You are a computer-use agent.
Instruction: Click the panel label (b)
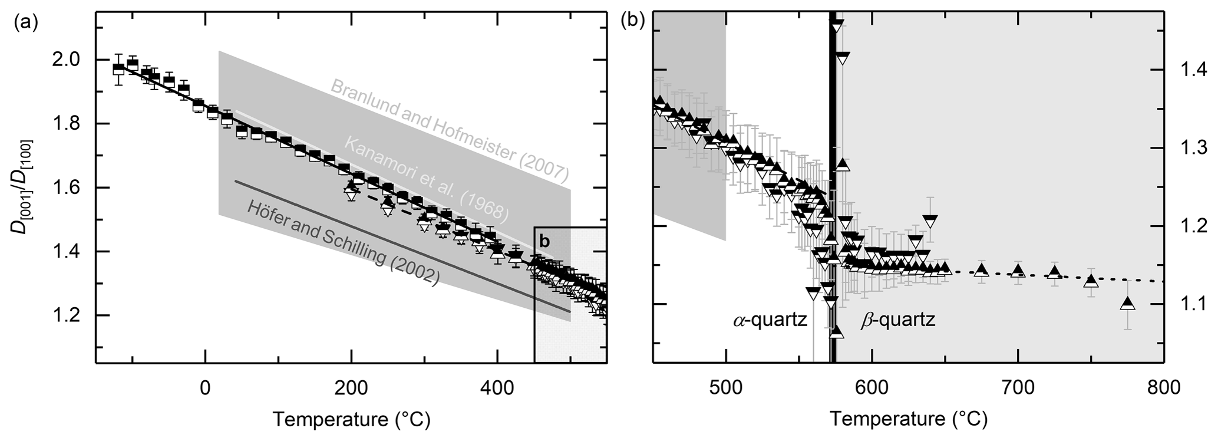click(633, 23)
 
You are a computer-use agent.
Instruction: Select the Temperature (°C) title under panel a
click(351, 419)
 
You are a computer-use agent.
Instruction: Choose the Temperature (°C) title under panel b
click(909, 419)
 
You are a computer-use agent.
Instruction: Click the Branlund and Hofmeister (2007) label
click(450, 130)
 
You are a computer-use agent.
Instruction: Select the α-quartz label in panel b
click(770, 321)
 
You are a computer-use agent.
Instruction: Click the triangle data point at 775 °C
click(1128, 304)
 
